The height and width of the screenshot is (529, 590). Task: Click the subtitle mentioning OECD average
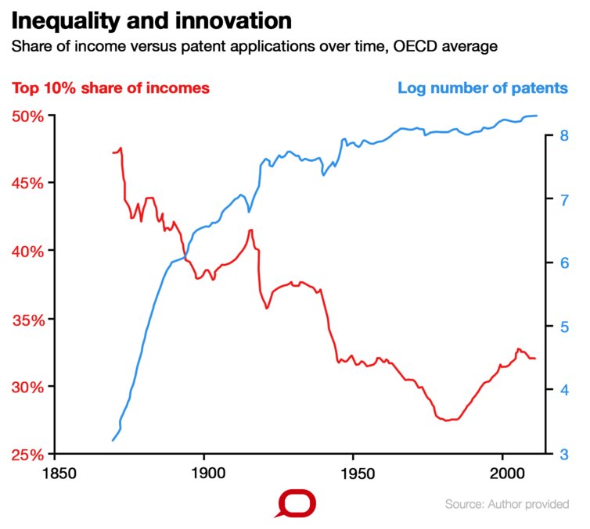pos(254,47)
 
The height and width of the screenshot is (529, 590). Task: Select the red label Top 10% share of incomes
pos(110,88)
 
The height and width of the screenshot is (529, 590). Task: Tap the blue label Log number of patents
pos(482,88)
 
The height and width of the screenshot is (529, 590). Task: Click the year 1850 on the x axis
pos(55,474)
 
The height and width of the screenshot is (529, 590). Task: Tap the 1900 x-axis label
pos(203,474)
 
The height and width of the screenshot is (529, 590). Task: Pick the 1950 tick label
pos(353,474)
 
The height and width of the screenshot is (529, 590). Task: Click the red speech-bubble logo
pos(295,504)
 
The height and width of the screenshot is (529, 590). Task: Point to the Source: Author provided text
pos(506,505)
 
